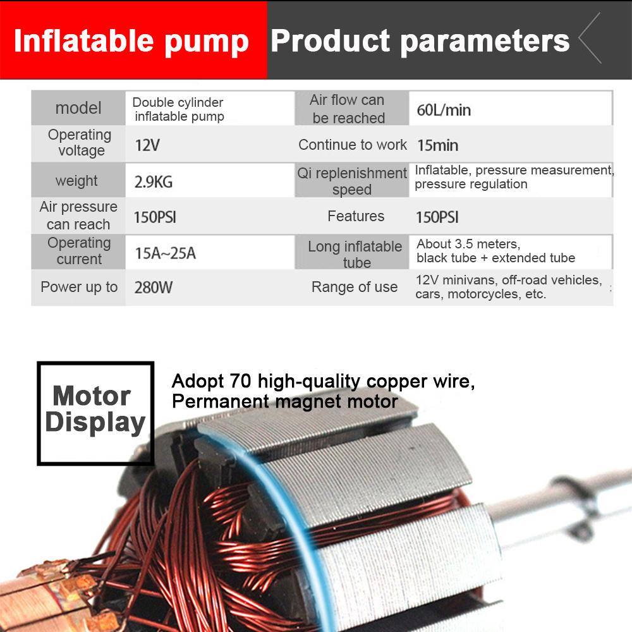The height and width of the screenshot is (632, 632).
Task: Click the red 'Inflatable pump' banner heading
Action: [x=131, y=41]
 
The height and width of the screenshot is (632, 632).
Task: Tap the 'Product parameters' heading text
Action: [x=420, y=41]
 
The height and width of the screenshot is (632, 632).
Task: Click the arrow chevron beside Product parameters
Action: [x=590, y=39]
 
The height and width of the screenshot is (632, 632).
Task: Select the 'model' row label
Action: [x=78, y=108]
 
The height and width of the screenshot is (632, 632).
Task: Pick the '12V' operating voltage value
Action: [x=147, y=145]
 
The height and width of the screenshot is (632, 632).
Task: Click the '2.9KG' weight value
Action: [x=153, y=183]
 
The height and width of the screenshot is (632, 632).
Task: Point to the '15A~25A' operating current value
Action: [x=165, y=253]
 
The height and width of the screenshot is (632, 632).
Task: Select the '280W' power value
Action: [x=153, y=288]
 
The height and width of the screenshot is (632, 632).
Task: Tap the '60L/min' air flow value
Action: [x=444, y=111]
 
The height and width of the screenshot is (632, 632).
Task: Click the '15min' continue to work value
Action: [x=437, y=146]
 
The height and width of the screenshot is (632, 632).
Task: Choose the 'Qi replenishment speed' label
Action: [x=352, y=181]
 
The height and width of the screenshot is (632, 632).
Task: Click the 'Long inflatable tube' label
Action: [x=355, y=254]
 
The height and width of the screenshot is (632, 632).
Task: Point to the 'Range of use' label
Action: [x=355, y=288]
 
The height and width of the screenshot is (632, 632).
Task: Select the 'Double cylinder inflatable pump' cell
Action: [x=178, y=109]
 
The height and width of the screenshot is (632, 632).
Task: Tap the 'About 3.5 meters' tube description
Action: [x=468, y=244]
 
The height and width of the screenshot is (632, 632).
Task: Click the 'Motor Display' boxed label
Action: [x=95, y=410]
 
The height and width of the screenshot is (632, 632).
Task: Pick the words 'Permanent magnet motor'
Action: [x=284, y=401]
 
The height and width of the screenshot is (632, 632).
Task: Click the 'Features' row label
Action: [x=356, y=217]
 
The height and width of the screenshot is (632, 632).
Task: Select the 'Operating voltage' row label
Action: [x=80, y=143]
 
